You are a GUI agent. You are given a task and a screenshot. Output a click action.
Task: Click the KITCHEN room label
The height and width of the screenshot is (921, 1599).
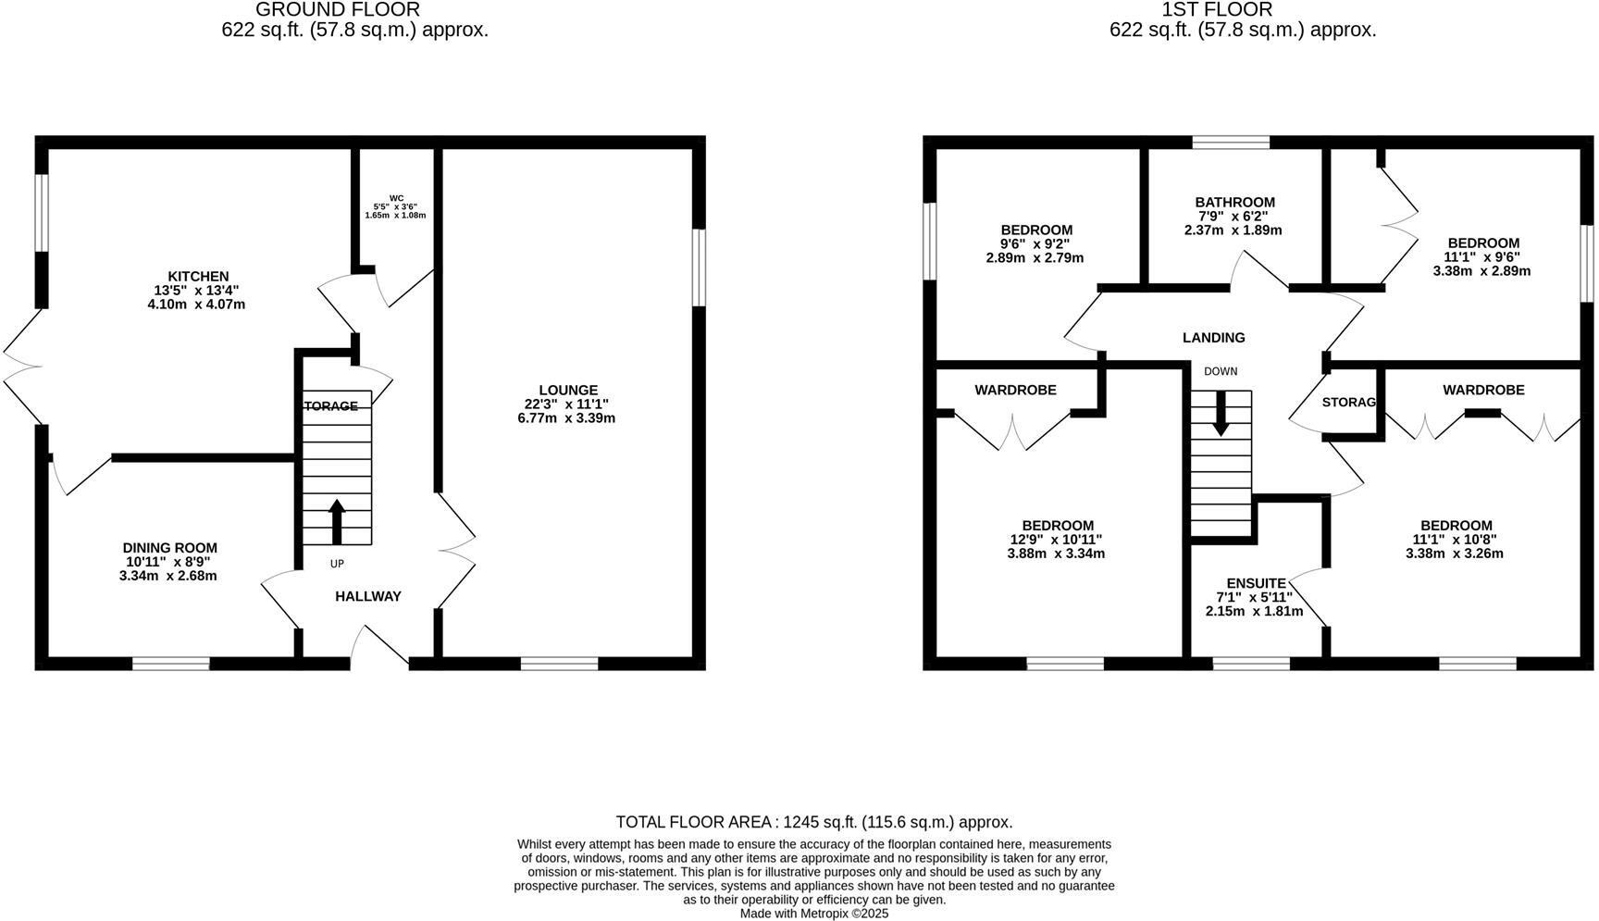click(x=197, y=276)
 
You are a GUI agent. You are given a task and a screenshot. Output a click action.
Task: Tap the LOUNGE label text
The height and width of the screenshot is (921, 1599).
click(x=567, y=390)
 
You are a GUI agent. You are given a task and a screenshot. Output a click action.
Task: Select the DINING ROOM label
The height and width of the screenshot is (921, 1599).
click(x=170, y=548)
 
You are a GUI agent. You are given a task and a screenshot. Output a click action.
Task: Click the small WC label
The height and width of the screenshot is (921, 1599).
click(x=396, y=198)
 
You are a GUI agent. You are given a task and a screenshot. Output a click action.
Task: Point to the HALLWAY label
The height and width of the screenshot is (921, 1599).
click(x=367, y=597)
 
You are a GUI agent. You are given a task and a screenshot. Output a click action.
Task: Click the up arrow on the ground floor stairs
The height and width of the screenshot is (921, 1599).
click(x=337, y=521)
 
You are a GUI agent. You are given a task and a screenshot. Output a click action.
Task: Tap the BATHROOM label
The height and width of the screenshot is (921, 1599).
click(x=1234, y=202)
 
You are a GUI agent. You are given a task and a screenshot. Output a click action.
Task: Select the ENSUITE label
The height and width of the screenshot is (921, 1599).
click(x=1256, y=583)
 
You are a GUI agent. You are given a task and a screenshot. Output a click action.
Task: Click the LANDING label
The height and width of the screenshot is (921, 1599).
click(x=1213, y=338)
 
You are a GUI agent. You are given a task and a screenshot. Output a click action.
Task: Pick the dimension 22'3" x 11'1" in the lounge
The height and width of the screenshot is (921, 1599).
click(x=567, y=404)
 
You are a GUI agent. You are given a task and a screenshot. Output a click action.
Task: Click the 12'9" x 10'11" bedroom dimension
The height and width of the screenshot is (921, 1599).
click(x=1056, y=540)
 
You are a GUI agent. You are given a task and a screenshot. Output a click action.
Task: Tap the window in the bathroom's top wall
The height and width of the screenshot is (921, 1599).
click(x=1231, y=142)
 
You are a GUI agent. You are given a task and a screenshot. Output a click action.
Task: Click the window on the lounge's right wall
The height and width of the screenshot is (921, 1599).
click(x=699, y=268)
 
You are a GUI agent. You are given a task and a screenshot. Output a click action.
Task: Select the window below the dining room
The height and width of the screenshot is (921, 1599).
click(x=170, y=663)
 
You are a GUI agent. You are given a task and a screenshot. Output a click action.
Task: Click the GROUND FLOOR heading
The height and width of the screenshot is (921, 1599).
click(x=337, y=10)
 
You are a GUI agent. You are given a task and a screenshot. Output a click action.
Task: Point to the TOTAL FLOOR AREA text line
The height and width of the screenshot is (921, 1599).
click(x=813, y=822)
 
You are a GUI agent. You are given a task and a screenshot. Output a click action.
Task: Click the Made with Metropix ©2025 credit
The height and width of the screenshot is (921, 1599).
click(x=813, y=913)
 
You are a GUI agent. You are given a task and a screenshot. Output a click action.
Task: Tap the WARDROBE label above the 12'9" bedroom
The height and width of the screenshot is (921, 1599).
click(x=1015, y=391)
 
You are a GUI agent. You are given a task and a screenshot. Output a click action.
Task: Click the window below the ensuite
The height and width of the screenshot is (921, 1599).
click(x=1251, y=663)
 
